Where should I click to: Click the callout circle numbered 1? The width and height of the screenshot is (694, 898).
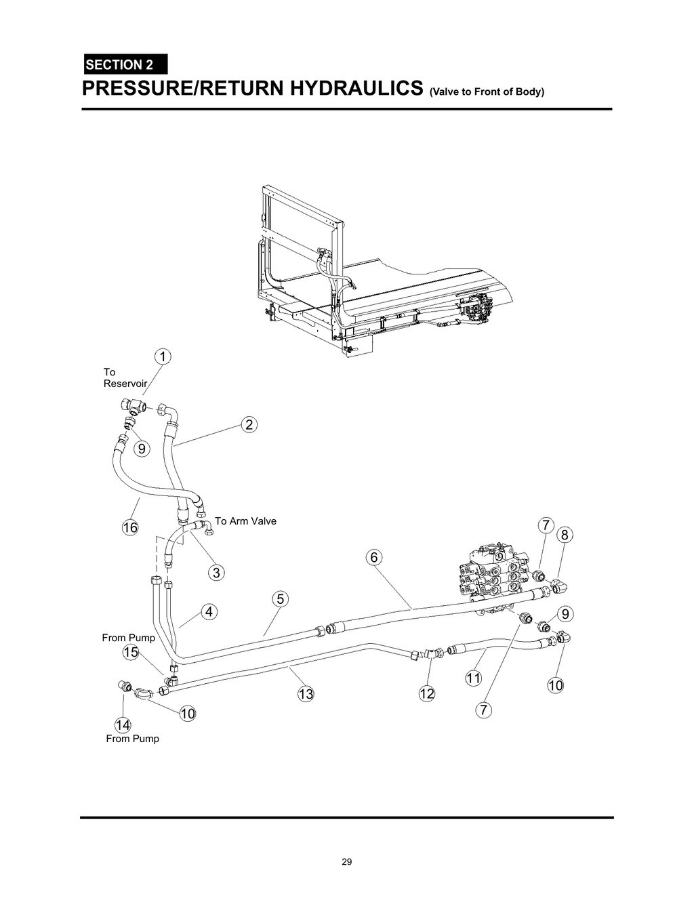point(163,356)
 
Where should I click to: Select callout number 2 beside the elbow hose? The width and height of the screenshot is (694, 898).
point(249,425)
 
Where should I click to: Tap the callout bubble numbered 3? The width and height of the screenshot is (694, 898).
point(216,573)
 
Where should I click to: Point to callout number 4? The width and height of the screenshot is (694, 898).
point(209,611)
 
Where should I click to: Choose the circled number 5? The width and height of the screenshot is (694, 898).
point(280,599)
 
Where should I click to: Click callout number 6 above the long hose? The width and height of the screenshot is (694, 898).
point(373,557)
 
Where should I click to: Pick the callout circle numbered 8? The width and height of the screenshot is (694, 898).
point(565,535)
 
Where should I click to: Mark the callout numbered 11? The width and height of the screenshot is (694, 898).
point(472,678)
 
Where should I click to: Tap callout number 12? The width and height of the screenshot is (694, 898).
point(426,693)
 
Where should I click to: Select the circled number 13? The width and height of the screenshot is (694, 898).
point(306,693)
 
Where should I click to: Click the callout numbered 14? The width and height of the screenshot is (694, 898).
point(123,725)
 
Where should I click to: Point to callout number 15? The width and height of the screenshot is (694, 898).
point(131,652)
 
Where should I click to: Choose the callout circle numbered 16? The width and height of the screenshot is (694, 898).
point(129,527)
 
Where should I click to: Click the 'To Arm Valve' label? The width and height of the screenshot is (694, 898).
point(245,521)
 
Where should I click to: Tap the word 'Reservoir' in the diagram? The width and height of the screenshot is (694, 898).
point(125,384)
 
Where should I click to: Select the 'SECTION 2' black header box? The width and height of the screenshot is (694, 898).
point(125,65)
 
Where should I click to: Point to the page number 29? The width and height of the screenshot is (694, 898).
point(346,862)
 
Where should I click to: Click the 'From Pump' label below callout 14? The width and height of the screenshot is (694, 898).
point(132,739)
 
